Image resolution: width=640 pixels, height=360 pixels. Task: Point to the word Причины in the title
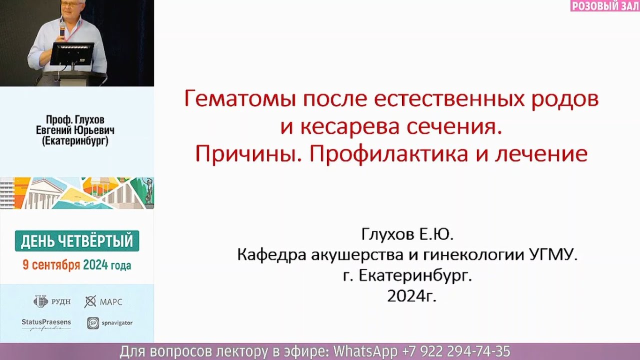click(x=248, y=154)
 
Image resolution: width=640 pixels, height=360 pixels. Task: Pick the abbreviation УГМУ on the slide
click(x=553, y=255)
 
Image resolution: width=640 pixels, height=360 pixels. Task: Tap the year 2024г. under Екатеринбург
click(x=411, y=296)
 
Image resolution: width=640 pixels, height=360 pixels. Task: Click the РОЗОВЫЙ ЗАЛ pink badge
click(x=604, y=6)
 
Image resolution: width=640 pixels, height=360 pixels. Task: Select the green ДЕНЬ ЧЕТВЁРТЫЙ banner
click(x=77, y=241)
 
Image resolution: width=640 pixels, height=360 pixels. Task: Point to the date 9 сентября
click(x=51, y=265)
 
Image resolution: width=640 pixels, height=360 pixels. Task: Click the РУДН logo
click(x=52, y=301)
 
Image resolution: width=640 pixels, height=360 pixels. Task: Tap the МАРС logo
click(x=103, y=301)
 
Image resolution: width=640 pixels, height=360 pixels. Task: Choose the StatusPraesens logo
click(x=46, y=324)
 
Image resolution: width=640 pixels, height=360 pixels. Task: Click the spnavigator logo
click(x=109, y=323)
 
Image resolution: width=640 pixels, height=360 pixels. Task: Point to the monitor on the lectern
click(x=71, y=54)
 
